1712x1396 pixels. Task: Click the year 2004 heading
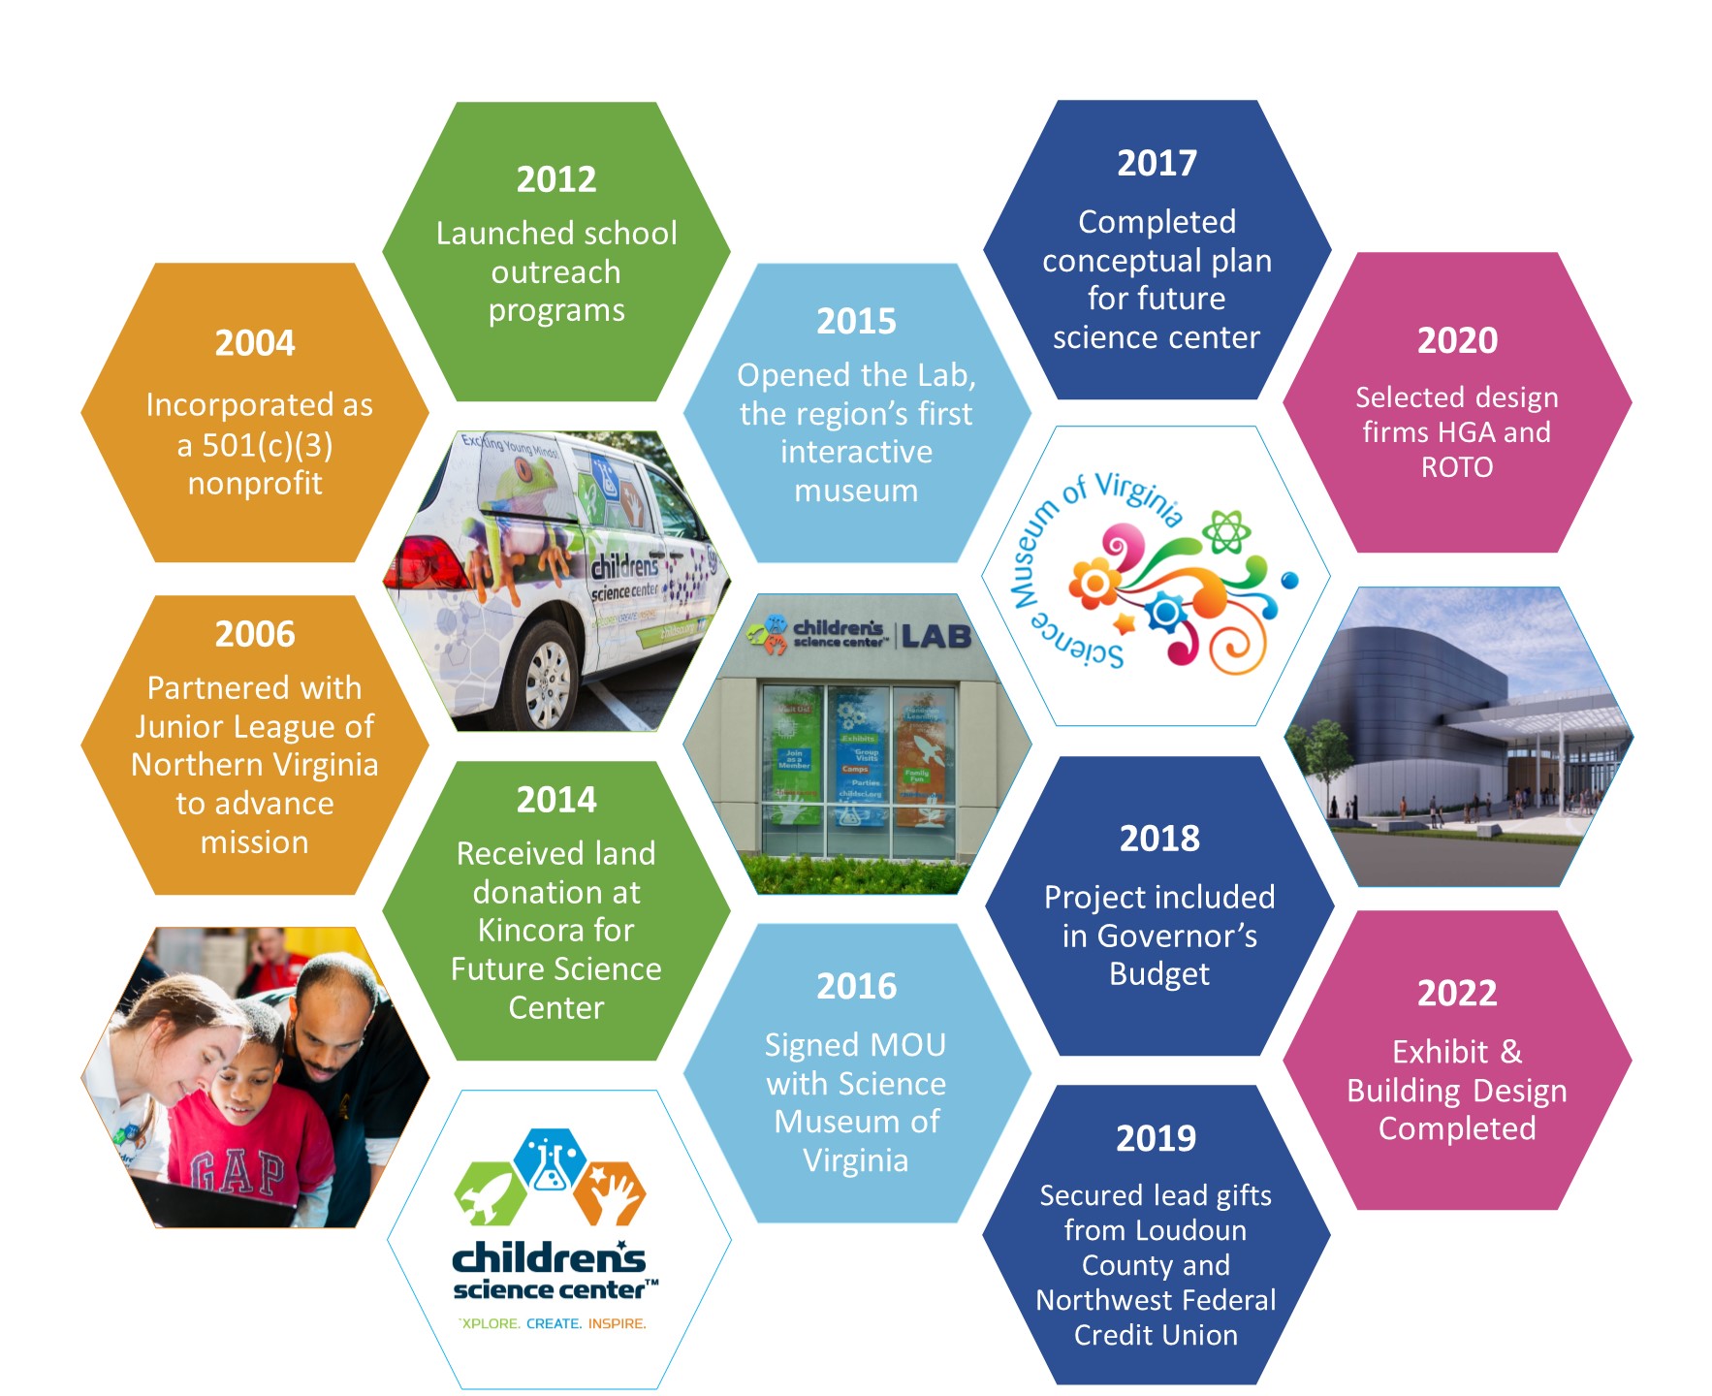(x=255, y=343)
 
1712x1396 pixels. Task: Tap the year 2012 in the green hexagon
(x=556, y=179)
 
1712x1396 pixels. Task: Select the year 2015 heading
(x=856, y=322)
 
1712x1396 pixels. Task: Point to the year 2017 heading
(x=1157, y=163)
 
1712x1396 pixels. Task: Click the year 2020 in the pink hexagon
(x=1457, y=340)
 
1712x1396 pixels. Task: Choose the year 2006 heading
(x=255, y=634)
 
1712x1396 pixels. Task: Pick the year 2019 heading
(x=1156, y=1138)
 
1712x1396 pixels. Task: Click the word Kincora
(x=555, y=931)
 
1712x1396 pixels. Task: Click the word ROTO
(x=1457, y=467)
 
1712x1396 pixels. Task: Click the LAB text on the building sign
(x=935, y=636)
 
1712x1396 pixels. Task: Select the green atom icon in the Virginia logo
(x=1227, y=531)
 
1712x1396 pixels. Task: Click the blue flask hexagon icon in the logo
(x=549, y=1158)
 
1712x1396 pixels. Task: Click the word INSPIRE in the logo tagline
(x=617, y=1323)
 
